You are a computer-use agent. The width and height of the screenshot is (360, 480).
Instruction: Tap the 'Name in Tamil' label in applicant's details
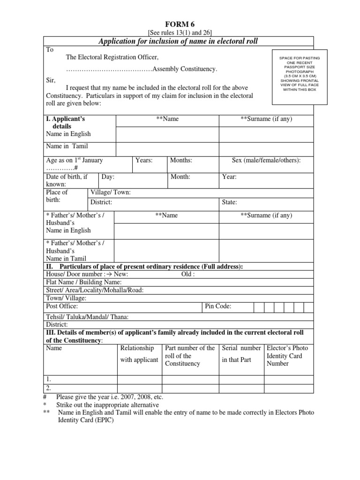[x=67, y=146]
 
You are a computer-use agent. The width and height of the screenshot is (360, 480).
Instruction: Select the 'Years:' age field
[x=144, y=160]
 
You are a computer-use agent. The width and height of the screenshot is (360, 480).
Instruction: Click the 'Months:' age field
[x=181, y=160]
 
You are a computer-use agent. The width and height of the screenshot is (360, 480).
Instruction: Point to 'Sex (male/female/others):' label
[x=266, y=160]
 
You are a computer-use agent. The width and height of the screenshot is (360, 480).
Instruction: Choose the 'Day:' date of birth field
[x=108, y=177]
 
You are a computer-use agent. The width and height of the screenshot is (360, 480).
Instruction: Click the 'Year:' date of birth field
[x=229, y=177]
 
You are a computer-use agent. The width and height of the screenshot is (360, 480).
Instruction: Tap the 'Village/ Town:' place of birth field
[x=110, y=192]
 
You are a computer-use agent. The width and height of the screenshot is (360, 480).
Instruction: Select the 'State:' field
[x=229, y=202]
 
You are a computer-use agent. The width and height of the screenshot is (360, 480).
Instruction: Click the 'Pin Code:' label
[x=218, y=307]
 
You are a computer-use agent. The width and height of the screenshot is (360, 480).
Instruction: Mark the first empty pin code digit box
[x=259, y=307]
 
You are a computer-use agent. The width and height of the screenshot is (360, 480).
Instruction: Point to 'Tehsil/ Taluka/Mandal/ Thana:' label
[x=87, y=317]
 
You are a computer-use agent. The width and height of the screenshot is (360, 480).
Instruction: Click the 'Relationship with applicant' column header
[x=139, y=354]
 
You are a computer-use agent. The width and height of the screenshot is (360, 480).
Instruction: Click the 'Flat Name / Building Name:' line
[x=84, y=282]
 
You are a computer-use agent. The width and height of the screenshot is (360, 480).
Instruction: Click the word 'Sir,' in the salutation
[x=51, y=80]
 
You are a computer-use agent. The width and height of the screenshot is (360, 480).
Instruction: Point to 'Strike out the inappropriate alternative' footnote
[x=107, y=405]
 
